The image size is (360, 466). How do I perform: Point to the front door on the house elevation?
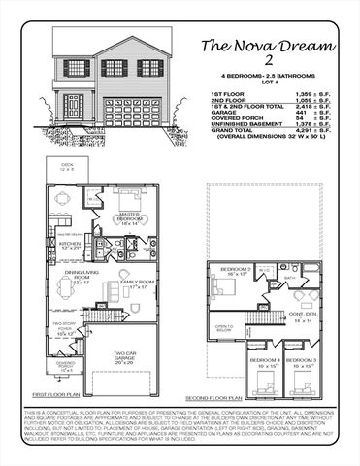73,104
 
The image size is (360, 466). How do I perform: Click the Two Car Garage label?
124,356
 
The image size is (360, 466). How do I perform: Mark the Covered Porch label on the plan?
67,366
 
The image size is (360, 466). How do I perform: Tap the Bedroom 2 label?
236,271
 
